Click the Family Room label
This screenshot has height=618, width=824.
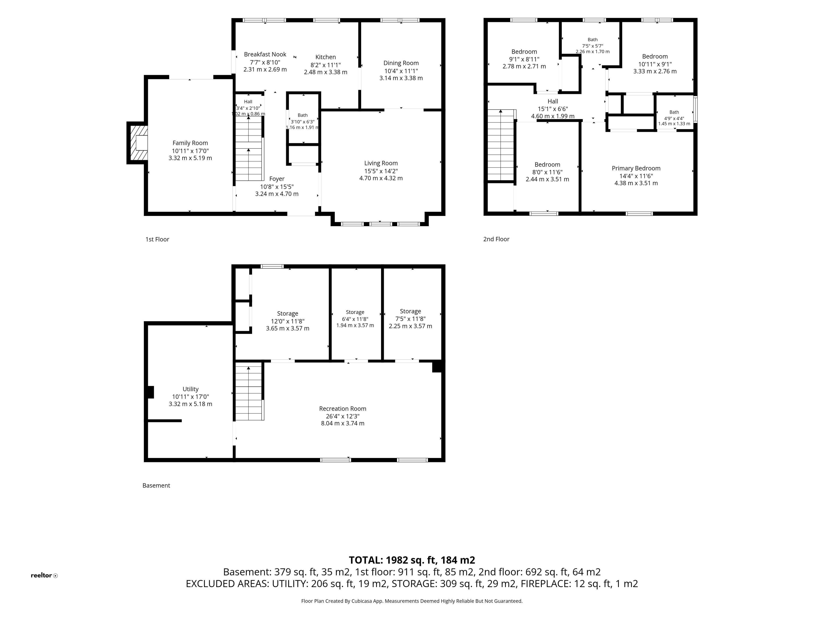point(190,143)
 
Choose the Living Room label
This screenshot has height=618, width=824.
point(381,163)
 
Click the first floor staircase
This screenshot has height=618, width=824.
point(249,148)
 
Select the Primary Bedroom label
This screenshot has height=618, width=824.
point(636,168)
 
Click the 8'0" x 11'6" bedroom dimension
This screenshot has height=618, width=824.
point(547,172)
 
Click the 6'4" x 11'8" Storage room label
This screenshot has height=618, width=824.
point(355,312)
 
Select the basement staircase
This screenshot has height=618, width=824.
point(249,393)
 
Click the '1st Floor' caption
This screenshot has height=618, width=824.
point(157,239)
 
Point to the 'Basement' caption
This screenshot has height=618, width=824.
point(156,485)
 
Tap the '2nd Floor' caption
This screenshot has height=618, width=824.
point(496,239)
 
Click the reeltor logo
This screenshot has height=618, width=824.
point(44,576)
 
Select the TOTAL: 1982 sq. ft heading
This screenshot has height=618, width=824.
point(412,560)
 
